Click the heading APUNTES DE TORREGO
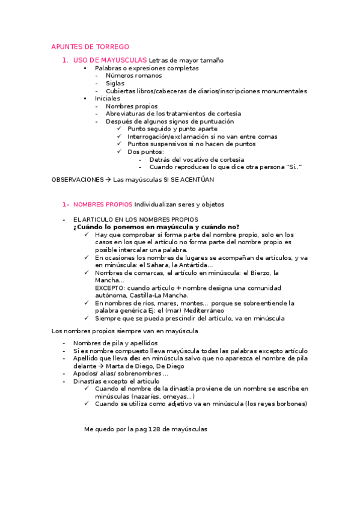[x=90, y=47]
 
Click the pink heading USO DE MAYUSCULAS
[x=110, y=60]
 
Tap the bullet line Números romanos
[x=133, y=76]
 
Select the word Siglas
[x=115, y=84]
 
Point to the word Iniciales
[x=107, y=98]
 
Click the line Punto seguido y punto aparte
[x=172, y=129]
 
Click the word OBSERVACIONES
[x=78, y=179]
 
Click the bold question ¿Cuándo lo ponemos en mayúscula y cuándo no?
[x=156, y=227]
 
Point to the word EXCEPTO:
[x=109, y=288]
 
